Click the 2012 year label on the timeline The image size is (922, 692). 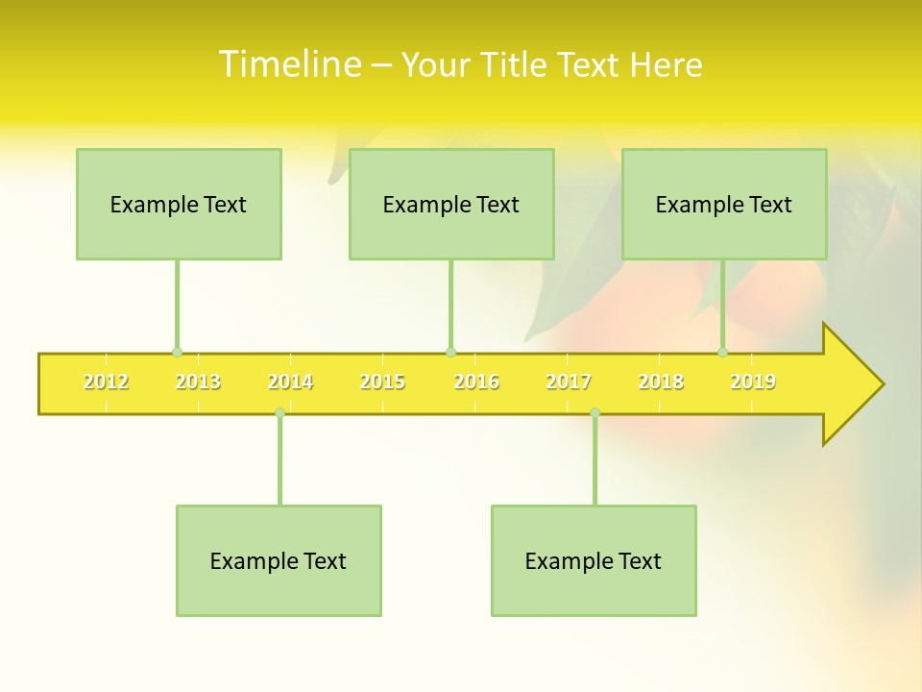(x=106, y=382)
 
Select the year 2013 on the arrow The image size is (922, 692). (x=198, y=382)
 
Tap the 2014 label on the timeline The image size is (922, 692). (x=290, y=382)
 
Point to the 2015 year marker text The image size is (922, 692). (x=382, y=382)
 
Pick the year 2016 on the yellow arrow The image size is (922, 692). (x=476, y=382)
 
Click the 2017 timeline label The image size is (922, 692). (x=569, y=382)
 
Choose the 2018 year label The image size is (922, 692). (x=661, y=382)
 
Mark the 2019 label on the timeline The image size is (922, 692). (x=753, y=382)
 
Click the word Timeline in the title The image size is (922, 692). (x=288, y=64)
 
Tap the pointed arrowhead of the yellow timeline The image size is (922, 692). (x=860, y=384)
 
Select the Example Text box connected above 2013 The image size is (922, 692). (x=179, y=204)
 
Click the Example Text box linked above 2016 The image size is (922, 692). (x=451, y=204)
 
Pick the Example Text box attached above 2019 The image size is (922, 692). (x=724, y=204)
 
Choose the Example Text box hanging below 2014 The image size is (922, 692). (x=279, y=560)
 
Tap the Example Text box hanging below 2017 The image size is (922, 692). (x=594, y=560)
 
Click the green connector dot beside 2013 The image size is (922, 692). (x=177, y=352)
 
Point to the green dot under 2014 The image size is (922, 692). (x=279, y=412)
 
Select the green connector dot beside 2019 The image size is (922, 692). (x=722, y=352)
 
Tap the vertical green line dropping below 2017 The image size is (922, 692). (x=594, y=461)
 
